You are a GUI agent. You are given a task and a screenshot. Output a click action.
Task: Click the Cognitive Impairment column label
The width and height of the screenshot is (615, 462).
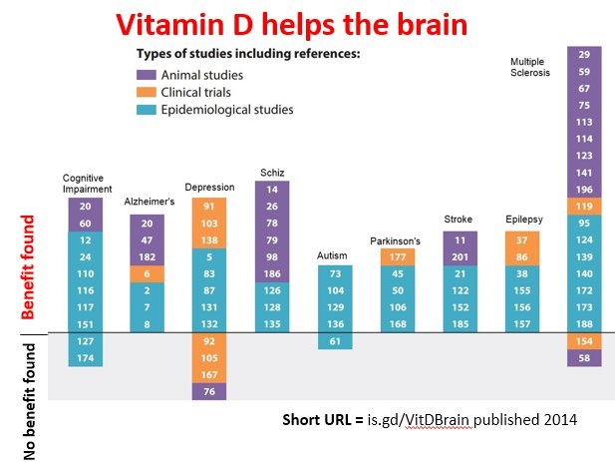[85, 184]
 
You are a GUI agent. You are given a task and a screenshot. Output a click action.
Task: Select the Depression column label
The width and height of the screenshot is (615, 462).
[208, 187]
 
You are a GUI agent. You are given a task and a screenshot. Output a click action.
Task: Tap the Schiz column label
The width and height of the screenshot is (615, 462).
[271, 172]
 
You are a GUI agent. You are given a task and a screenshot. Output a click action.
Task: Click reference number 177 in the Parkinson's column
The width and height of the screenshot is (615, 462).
[396, 256]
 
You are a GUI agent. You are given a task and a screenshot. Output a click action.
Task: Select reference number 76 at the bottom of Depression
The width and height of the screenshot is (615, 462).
[209, 391]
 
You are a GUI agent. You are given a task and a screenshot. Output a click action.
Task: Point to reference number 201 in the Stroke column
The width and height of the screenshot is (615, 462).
[459, 256]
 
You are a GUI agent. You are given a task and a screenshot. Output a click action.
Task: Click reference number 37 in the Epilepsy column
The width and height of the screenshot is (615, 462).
[521, 239]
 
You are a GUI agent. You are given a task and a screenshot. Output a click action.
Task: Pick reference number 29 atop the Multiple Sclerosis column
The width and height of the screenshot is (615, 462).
[584, 54]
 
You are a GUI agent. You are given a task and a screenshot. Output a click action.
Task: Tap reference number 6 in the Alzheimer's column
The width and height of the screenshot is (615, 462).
[147, 273]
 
